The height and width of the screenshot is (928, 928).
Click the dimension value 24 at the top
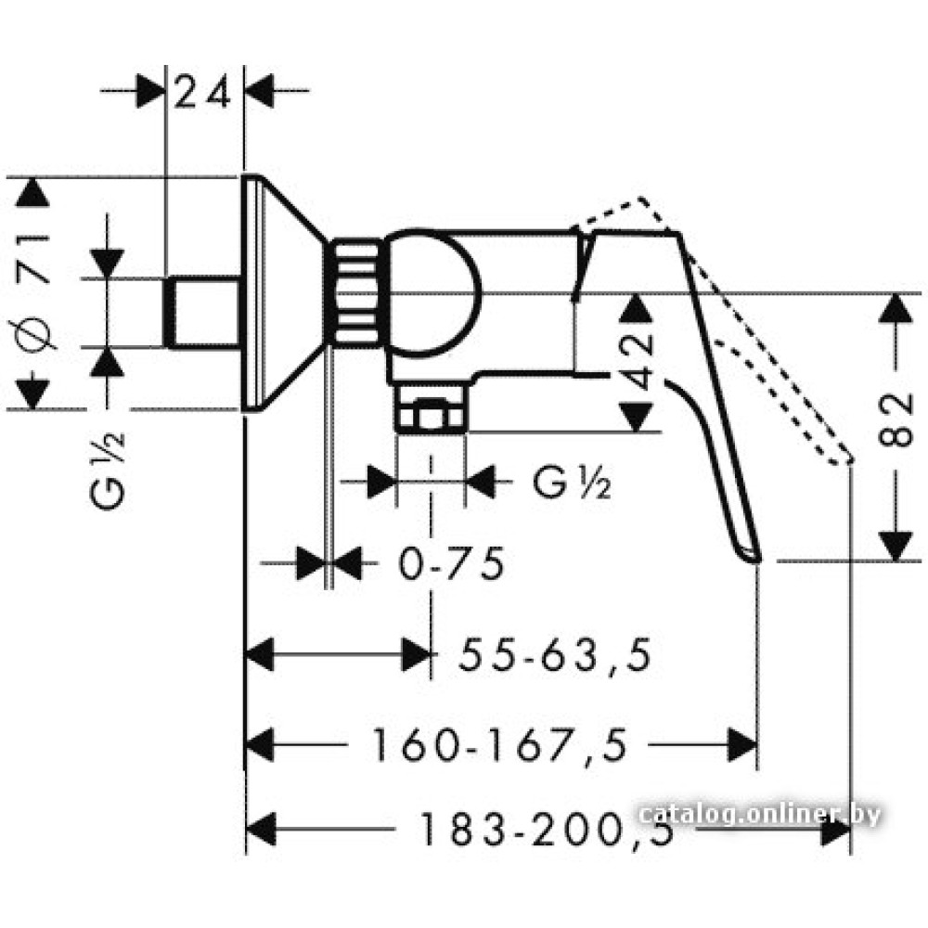click(x=203, y=94)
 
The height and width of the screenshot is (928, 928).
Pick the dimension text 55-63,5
click(x=554, y=656)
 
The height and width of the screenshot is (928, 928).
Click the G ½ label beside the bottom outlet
click(x=572, y=483)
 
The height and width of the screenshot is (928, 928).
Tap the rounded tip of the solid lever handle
click(x=752, y=555)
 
